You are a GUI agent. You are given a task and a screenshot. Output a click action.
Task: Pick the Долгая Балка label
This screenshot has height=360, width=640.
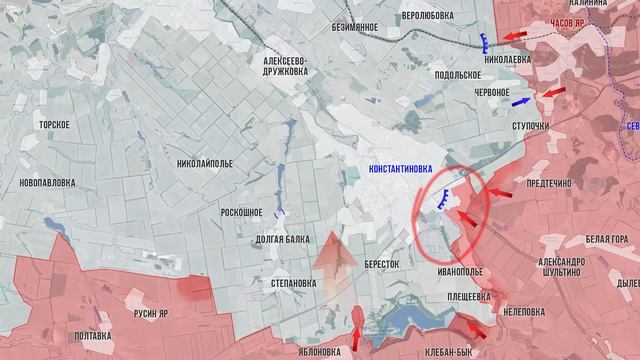pyautogui.click(x=282, y=239)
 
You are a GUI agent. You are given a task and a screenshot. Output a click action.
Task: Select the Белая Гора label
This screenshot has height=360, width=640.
pyautogui.click(x=607, y=239)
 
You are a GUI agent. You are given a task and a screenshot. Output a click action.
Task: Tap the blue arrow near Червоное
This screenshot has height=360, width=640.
pyautogui.click(x=520, y=101)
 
